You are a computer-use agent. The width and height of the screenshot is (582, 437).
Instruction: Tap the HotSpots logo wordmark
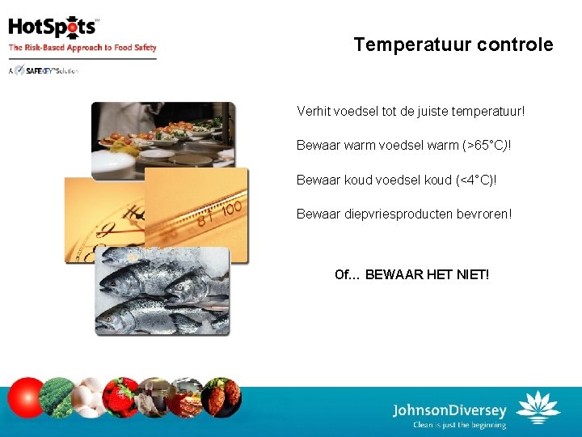click(x=53, y=28)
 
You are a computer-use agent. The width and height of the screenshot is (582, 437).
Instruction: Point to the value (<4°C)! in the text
click(x=473, y=180)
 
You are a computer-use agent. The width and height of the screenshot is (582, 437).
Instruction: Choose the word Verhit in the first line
click(x=313, y=111)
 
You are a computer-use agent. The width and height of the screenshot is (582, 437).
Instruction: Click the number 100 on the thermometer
click(x=233, y=209)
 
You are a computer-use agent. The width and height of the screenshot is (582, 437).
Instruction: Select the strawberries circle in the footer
click(x=121, y=397)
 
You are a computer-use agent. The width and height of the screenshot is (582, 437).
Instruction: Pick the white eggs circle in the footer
click(x=89, y=397)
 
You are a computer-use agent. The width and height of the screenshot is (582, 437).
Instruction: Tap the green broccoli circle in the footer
click(x=57, y=397)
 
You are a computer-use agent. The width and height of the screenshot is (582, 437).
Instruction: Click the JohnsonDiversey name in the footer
click(x=449, y=409)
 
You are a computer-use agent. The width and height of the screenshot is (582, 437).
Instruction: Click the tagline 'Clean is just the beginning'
click(x=458, y=425)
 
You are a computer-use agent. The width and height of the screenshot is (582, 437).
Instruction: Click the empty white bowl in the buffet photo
click(x=112, y=163)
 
